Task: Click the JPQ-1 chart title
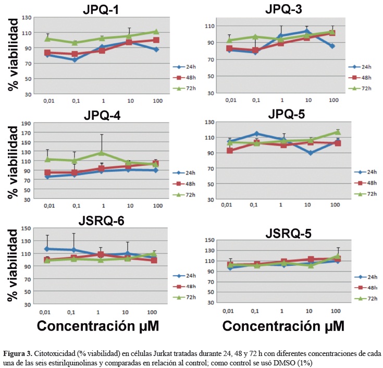tap(105, 9)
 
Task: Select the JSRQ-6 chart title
tap(105, 221)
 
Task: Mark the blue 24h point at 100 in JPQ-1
tap(156, 50)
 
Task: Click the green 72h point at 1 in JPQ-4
tap(102, 153)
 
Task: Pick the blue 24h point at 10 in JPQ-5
tap(310, 153)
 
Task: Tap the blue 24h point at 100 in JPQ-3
tap(332, 46)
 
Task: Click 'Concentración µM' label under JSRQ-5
tap(283, 326)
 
